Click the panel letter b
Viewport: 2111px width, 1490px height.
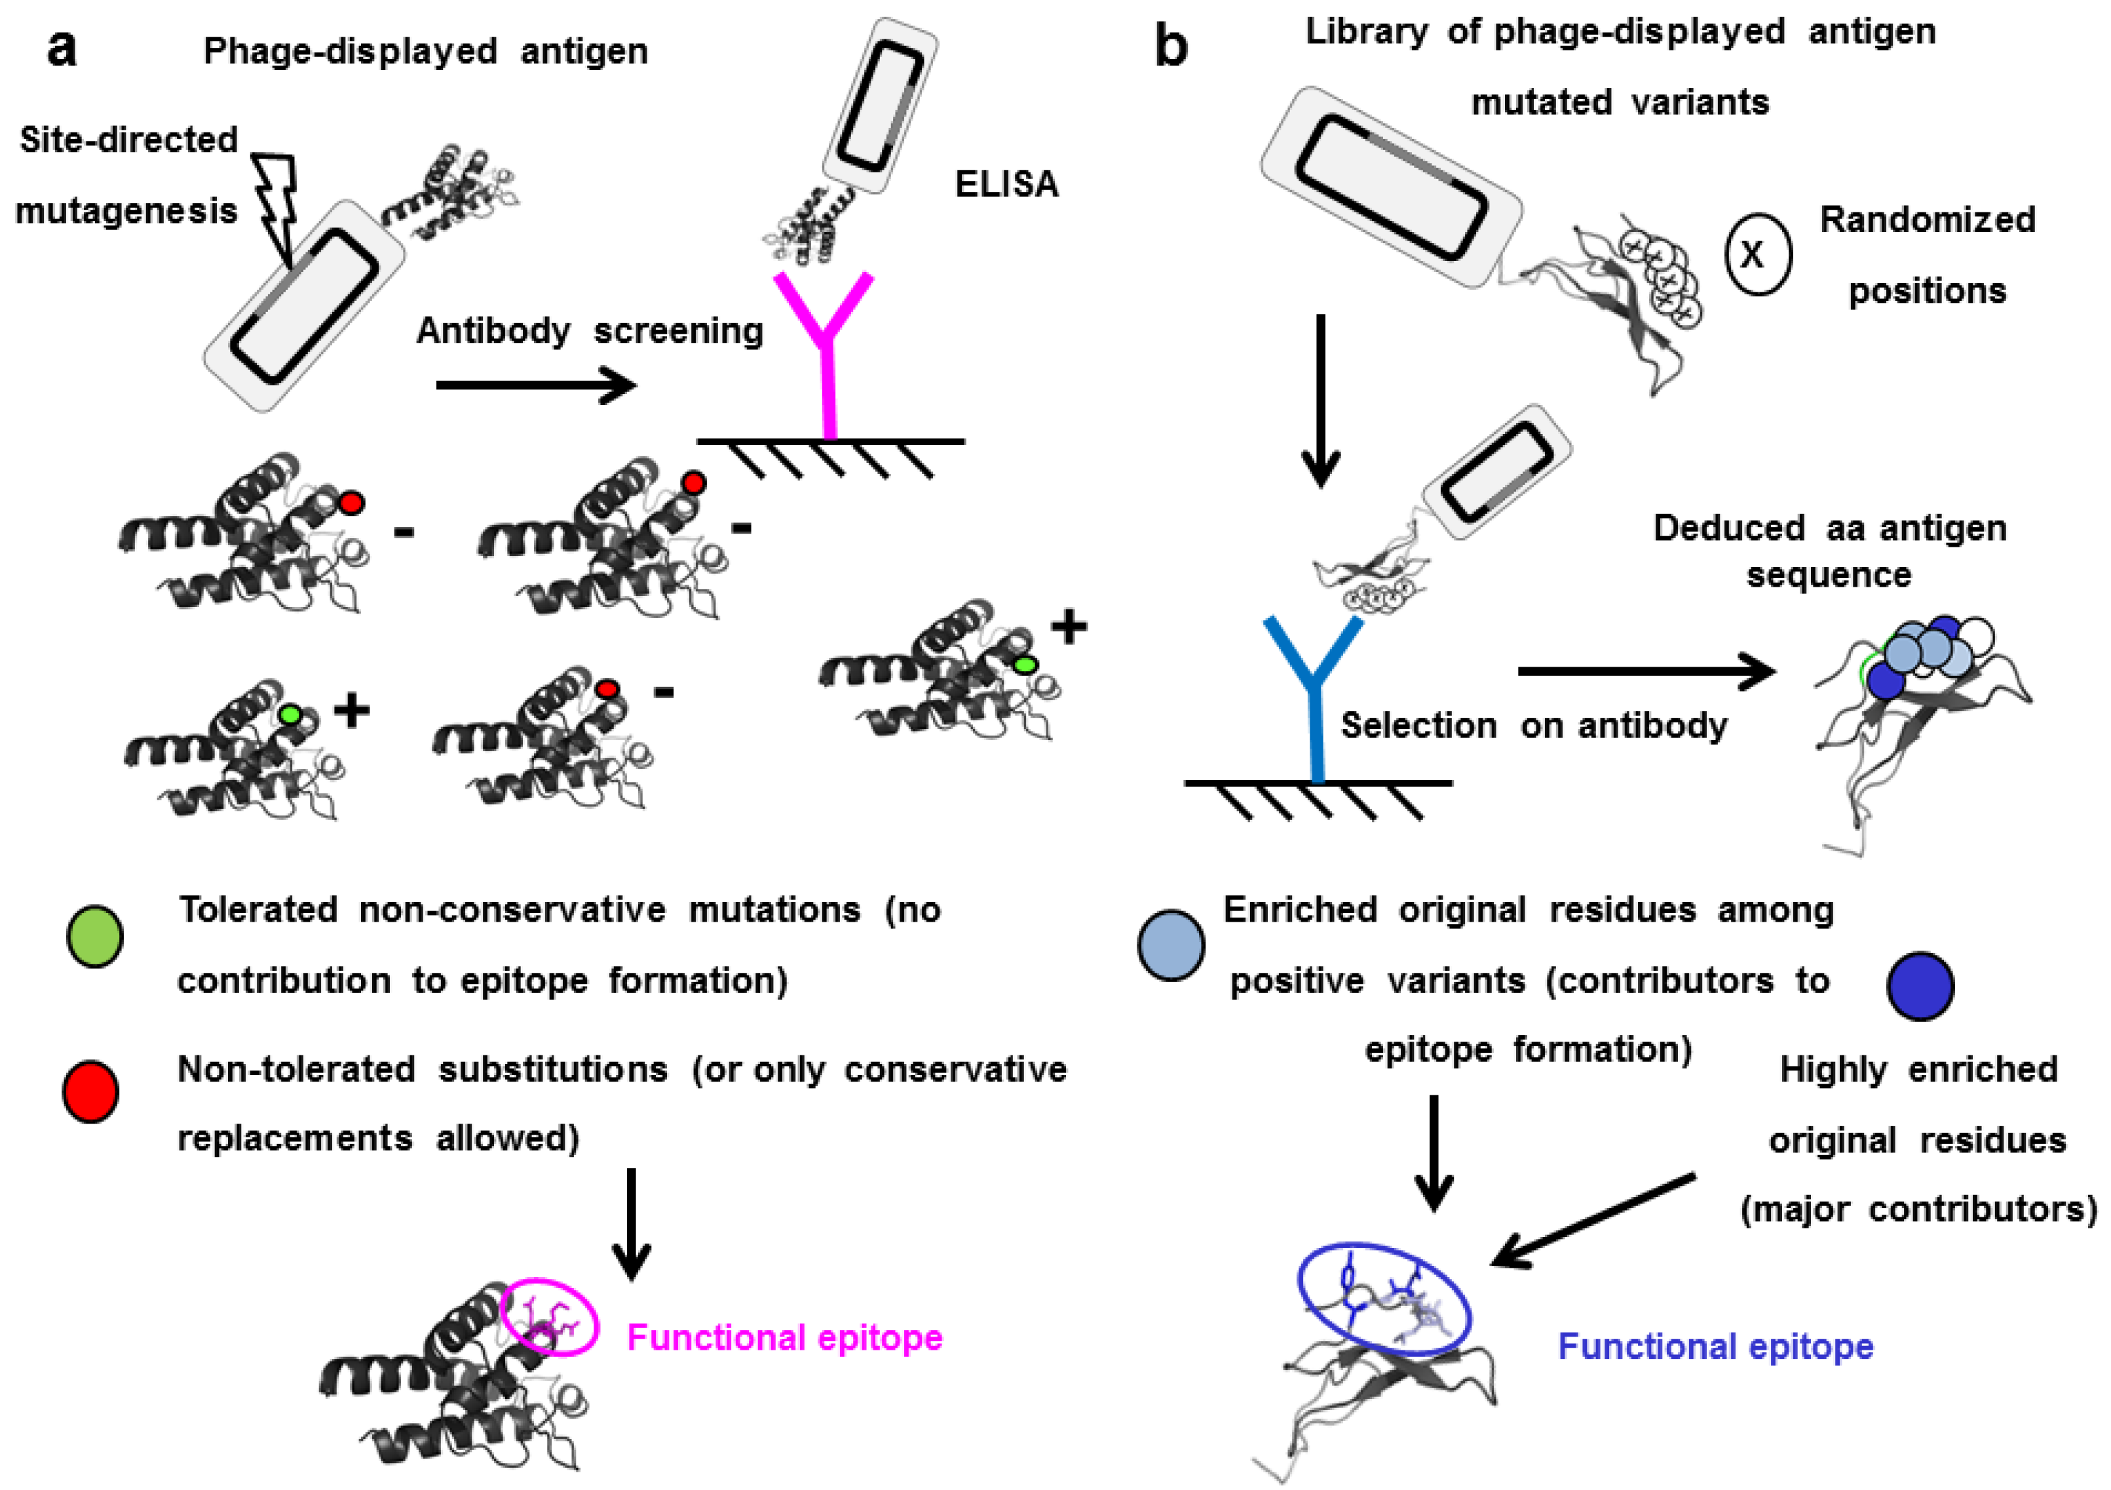(x=1170, y=46)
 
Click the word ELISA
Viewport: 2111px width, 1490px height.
(x=1007, y=185)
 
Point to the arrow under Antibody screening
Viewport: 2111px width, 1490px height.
(x=536, y=384)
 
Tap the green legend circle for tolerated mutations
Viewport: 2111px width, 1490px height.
(x=95, y=936)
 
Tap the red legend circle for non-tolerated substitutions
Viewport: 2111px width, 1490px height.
(x=90, y=1091)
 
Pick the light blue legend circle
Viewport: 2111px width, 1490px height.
(x=1170, y=945)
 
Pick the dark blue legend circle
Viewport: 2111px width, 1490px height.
(x=1920, y=986)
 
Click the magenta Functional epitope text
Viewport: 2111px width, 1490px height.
(x=784, y=1337)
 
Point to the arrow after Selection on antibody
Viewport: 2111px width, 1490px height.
(x=1646, y=671)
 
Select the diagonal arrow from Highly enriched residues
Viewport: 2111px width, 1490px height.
(x=1593, y=1219)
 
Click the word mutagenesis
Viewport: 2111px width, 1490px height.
(x=127, y=212)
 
